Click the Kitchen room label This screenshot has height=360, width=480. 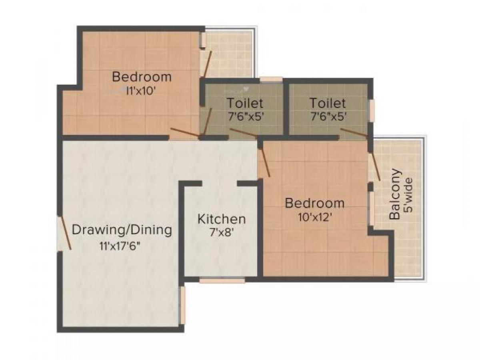pos(222,219)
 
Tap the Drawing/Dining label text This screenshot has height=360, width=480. pos(122,230)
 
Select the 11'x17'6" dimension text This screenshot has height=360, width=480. pos(122,246)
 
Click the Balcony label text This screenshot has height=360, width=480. pos(395,195)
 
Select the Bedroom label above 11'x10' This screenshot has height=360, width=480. pos(142,76)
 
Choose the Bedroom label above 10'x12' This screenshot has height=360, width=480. pos(314,203)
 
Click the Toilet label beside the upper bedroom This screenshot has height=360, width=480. pos(245,103)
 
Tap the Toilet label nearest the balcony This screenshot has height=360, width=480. pos(327,103)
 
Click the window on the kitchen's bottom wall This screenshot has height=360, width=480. pos(222,280)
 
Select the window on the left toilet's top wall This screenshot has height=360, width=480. pos(271,79)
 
